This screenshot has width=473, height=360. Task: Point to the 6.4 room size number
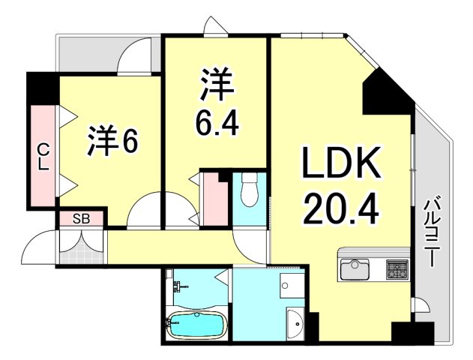tap(217, 123)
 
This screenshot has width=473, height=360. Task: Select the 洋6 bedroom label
tap(111, 143)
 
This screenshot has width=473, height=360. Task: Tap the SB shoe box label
tap(81, 219)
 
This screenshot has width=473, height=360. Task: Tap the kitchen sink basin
tap(355, 268)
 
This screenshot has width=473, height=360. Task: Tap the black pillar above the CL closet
tap(43, 88)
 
